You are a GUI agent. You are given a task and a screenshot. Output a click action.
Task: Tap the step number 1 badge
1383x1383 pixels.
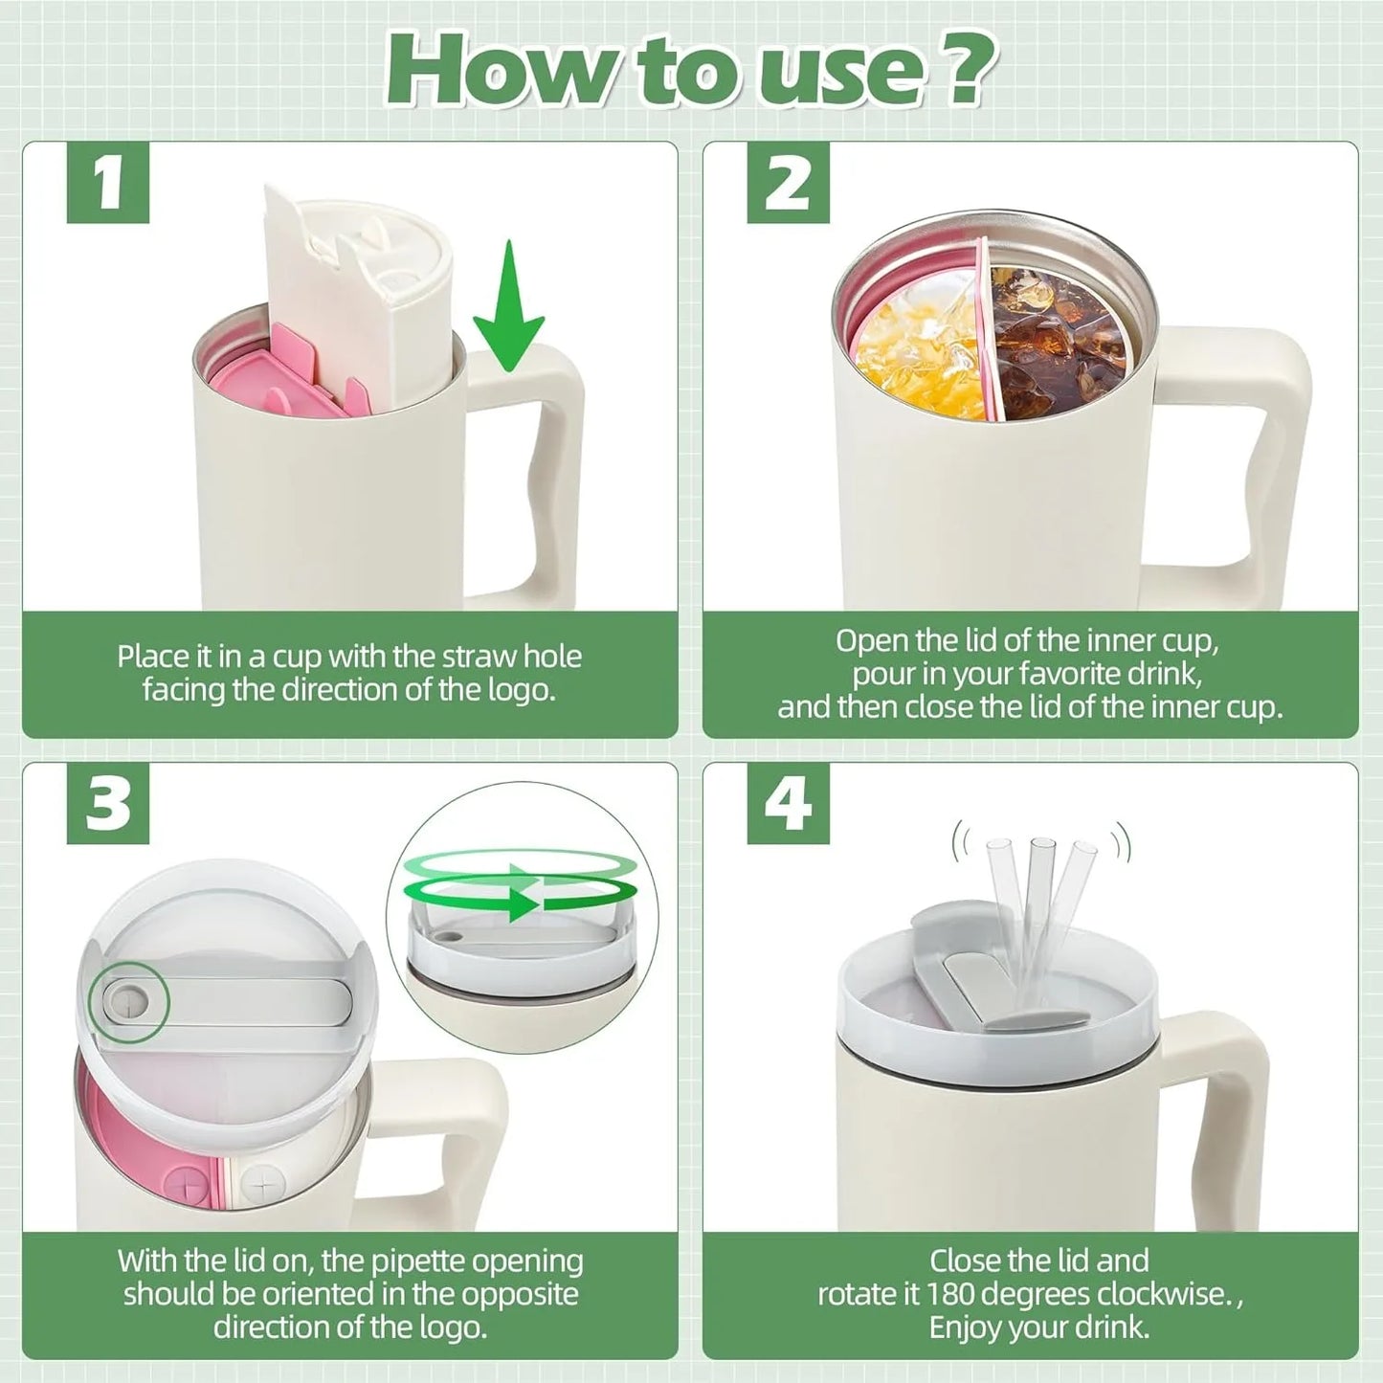108,182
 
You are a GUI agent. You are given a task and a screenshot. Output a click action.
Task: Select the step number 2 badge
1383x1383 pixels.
788,182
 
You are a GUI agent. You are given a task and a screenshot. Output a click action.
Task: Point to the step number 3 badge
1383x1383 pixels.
108,802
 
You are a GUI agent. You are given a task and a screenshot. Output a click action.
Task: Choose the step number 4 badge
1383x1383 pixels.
788,802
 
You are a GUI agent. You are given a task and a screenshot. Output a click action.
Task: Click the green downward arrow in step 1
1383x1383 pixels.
509,305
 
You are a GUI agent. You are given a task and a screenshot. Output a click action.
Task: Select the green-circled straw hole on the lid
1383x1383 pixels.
128,1002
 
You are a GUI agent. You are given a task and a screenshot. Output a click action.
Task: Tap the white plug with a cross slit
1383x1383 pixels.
262,1184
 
